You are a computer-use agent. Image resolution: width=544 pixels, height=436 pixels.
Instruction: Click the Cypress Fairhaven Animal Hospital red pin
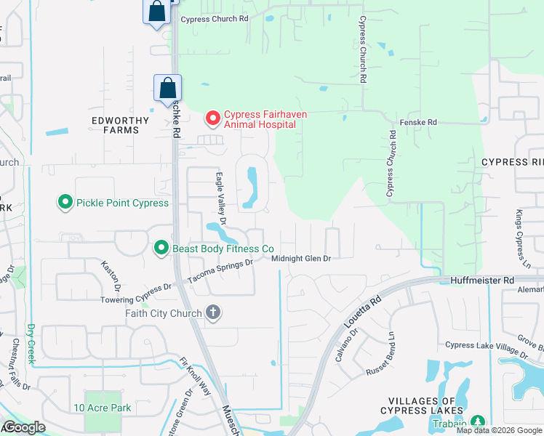click(x=212, y=117)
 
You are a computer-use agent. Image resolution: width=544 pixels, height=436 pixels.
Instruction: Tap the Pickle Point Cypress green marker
click(x=65, y=203)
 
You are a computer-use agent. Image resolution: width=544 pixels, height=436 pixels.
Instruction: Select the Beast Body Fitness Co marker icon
click(x=161, y=249)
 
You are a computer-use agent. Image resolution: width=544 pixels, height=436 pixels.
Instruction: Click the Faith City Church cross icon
click(x=213, y=312)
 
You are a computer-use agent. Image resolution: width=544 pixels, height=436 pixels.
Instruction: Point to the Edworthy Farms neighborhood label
click(x=115, y=125)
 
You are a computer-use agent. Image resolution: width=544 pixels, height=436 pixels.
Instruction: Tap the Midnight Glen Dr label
click(x=301, y=259)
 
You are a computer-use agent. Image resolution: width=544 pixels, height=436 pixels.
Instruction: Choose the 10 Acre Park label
click(x=103, y=408)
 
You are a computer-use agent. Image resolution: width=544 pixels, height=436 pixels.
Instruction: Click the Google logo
click(x=24, y=427)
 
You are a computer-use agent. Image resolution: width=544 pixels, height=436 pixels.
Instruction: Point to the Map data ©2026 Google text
click(x=499, y=430)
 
